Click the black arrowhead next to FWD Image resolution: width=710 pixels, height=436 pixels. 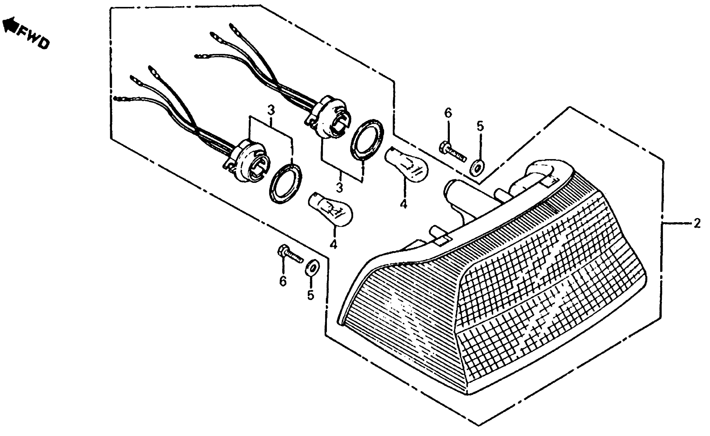click(x=9, y=25)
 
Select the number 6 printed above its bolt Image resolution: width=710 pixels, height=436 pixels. click(x=448, y=113)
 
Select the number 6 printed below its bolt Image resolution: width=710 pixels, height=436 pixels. click(x=283, y=281)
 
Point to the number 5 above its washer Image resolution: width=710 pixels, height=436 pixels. click(x=480, y=126)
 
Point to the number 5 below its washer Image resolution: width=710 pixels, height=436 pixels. click(x=310, y=295)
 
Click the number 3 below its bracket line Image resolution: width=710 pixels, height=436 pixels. click(x=339, y=188)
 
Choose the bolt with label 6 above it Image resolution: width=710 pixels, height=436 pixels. click(x=452, y=153)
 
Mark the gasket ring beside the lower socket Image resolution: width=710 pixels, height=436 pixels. click(x=286, y=183)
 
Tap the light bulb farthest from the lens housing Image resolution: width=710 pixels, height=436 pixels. click(x=330, y=209)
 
